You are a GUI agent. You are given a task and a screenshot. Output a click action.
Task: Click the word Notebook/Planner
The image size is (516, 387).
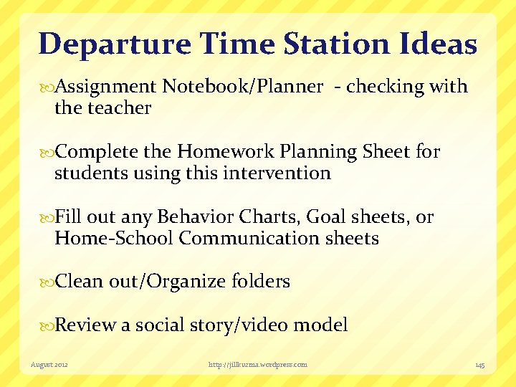[x=242, y=87]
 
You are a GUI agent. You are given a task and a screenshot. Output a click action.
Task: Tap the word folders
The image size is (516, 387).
[x=261, y=282]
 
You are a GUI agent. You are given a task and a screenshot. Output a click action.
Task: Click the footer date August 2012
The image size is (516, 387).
[x=50, y=365]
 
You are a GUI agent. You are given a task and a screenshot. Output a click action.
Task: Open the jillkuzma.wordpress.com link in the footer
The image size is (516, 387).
[x=257, y=365]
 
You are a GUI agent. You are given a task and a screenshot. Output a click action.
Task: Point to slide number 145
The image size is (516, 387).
[x=479, y=365]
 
